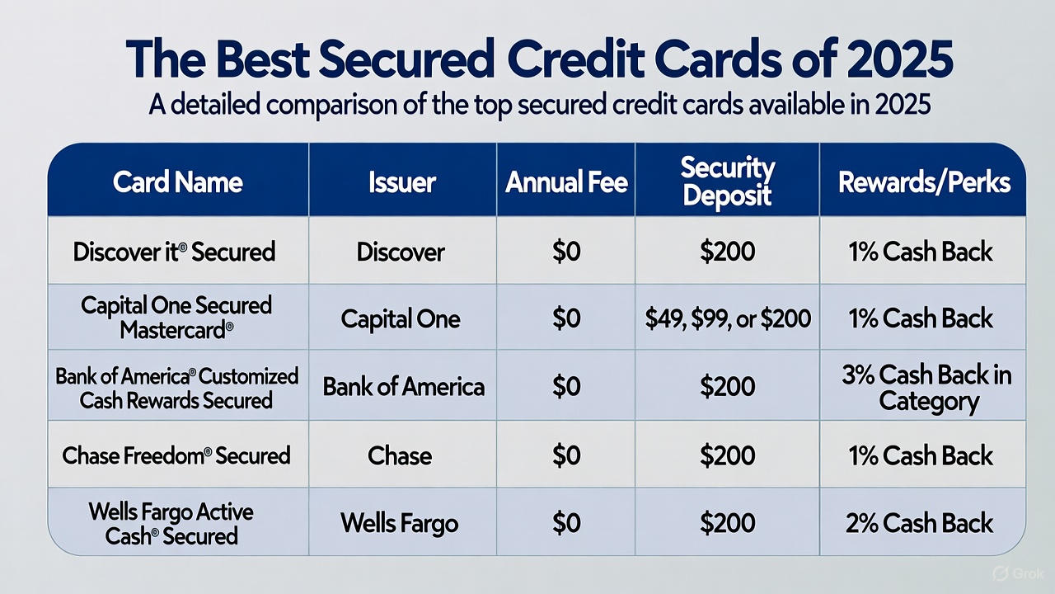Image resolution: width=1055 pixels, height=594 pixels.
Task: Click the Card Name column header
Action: pos(178,181)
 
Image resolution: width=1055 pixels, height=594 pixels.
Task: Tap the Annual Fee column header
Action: pos(566,181)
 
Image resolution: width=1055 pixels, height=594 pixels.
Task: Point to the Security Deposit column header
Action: pos(727,181)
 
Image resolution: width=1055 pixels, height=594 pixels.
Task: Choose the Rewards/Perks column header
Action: pos(924,181)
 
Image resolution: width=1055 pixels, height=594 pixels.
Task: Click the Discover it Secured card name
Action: pos(174,251)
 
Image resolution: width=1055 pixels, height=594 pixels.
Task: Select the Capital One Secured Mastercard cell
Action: pos(176,318)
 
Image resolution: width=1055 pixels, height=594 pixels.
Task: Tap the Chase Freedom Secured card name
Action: pos(176,455)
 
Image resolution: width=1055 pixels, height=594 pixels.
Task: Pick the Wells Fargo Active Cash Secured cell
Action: pos(171,523)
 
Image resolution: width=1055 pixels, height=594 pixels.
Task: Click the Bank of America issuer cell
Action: pos(403,386)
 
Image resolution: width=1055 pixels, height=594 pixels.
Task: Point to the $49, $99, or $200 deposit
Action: pos(727,318)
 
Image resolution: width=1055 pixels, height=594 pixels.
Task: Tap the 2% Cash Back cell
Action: pos(919,523)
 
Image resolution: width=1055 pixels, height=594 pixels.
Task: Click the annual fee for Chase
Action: pos(566,455)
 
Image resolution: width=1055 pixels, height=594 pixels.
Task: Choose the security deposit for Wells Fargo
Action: pos(727,523)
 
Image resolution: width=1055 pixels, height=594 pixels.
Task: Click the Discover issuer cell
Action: pos(401,251)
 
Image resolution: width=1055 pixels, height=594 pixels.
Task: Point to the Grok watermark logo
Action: pos(1007,573)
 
